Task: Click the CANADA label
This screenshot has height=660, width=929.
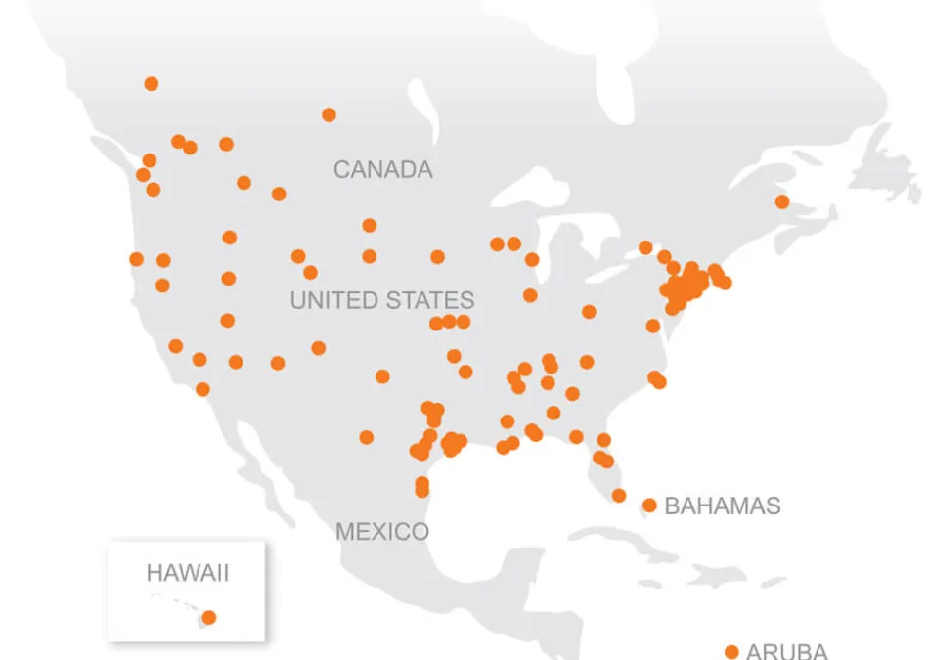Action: (x=382, y=169)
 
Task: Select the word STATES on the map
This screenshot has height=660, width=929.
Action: (x=428, y=300)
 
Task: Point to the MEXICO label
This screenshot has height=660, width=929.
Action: (x=382, y=532)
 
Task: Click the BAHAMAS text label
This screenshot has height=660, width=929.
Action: (x=723, y=506)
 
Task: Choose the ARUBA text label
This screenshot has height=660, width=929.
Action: (x=786, y=651)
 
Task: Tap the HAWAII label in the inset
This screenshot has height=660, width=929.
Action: (x=187, y=573)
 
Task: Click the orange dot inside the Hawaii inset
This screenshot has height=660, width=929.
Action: (x=208, y=617)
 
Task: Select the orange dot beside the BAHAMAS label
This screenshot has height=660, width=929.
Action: (x=649, y=506)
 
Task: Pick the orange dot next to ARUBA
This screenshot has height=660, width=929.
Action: (x=730, y=651)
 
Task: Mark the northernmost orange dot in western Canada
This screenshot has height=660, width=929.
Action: (x=151, y=84)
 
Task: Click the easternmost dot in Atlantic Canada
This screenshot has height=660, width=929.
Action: (x=782, y=201)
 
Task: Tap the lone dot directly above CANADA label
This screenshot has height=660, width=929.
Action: (x=329, y=114)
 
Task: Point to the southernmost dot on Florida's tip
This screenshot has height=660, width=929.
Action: (x=619, y=496)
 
